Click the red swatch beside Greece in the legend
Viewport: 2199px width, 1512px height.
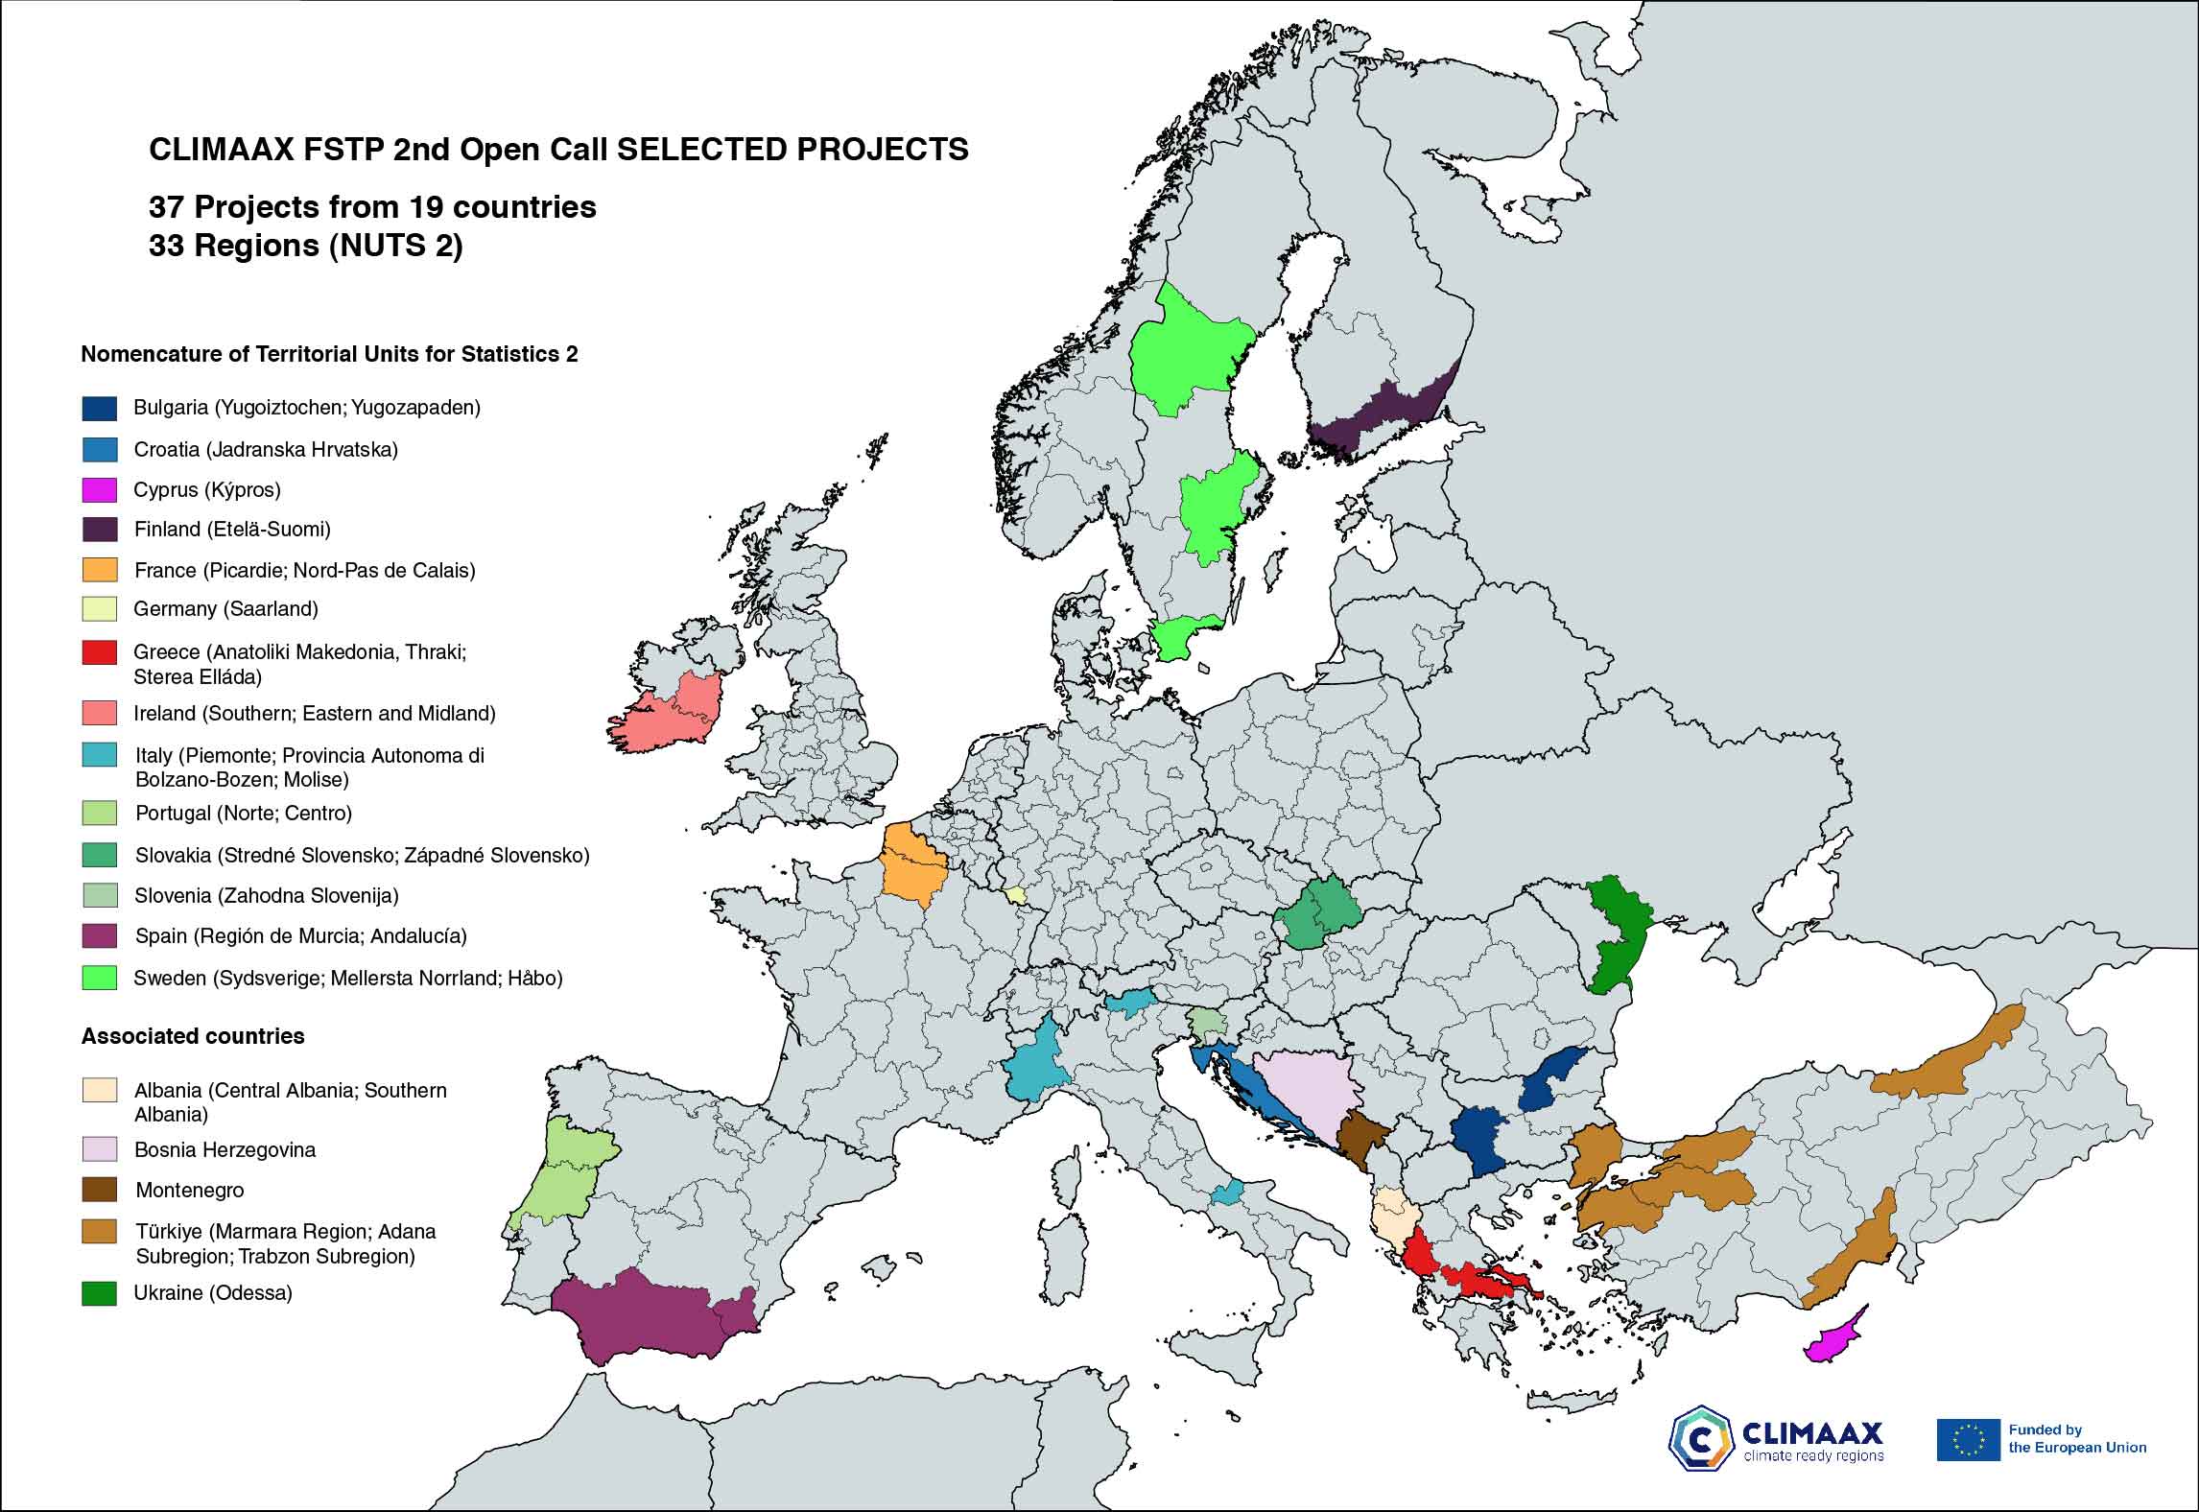(x=99, y=652)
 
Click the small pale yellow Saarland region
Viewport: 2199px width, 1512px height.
(x=1015, y=893)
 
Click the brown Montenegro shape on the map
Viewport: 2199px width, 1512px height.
(x=1361, y=1137)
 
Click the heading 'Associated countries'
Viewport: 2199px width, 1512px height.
(x=193, y=1036)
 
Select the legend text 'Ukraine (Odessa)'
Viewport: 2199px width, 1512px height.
(x=213, y=1293)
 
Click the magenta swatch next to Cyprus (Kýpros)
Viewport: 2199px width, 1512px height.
(x=99, y=490)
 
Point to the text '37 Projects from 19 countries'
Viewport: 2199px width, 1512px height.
(x=372, y=207)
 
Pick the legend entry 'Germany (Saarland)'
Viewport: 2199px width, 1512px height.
(x=226, y=609)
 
